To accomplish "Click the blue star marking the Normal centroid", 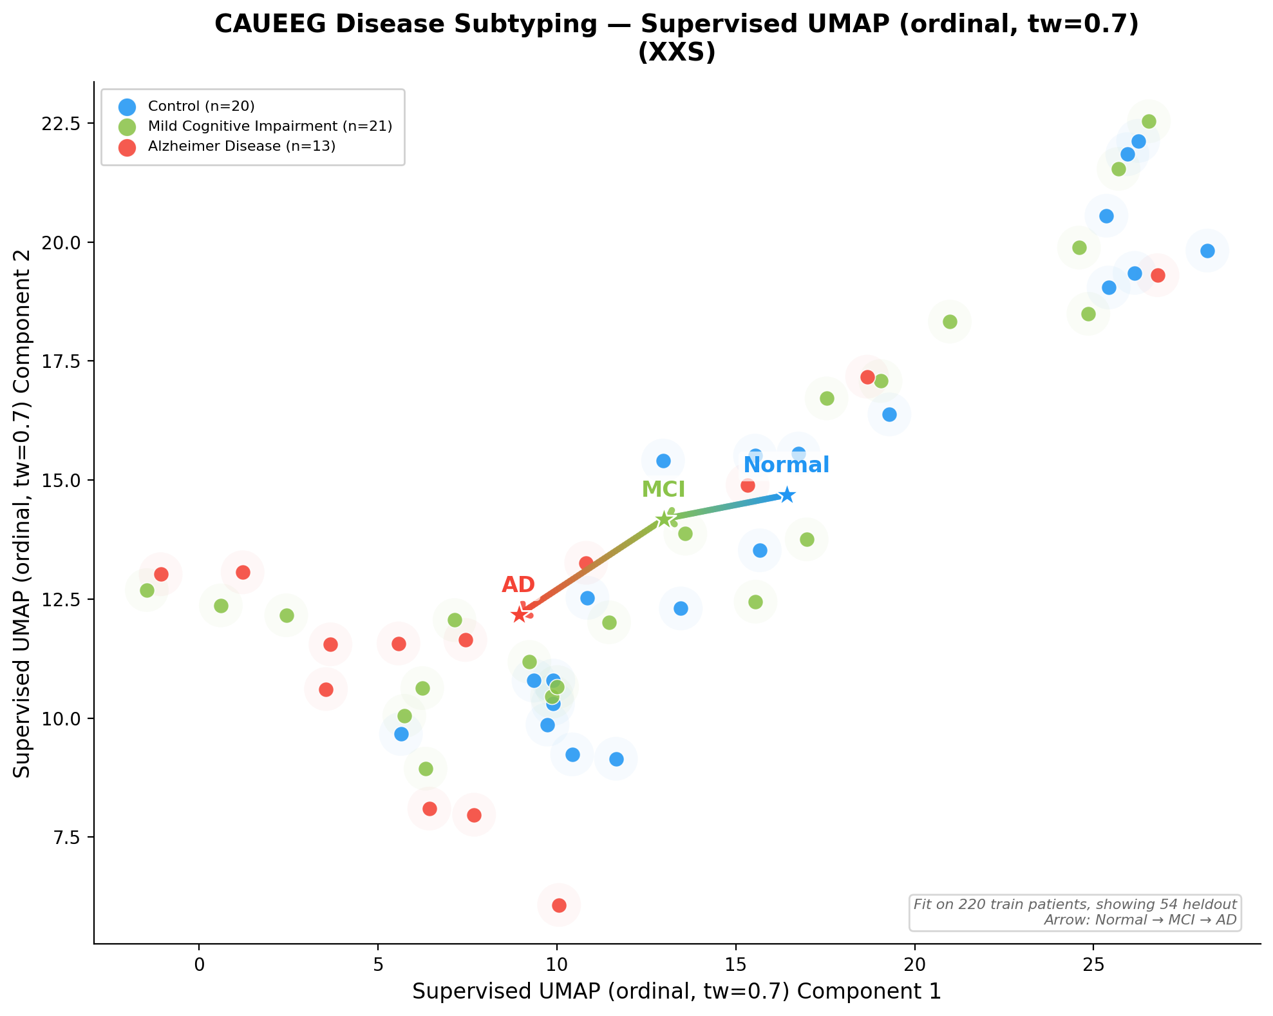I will pyautogui.click(x=787, y=495).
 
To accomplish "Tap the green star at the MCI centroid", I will pyautogui.click(x=664, y=519).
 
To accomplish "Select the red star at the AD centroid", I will pyautogui.click(x=520, y=615).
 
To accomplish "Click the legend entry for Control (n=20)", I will pyautogui.click(x=201, y=106).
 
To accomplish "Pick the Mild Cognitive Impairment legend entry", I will pyautogui.click(x=270, y=126).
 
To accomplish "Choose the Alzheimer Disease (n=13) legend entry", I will pyautogui.click(x=241, y=146).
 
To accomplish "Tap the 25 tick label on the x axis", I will pyautogui.click(x=1093, y=964).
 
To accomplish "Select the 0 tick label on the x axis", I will pyautogui.click(x=199, y=964).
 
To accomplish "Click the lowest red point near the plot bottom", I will pyautogui.click(x=559, y=905).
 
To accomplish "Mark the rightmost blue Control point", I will pyautogui.click(x=1207, y=251).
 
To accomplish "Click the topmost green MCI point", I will pyautogui.click(x=1149, y=121).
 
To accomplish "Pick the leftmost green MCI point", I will pyautogui.click(x=147, y=590).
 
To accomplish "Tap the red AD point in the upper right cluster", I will pyautogui.click(x=1158, y=275).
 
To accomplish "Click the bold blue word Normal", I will pyautogui.click(x=786, y=465).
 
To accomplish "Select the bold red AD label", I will pyautogui.click(x=518, y=585).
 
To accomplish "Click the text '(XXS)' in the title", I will pyautogui.click(x=676, y=53).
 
